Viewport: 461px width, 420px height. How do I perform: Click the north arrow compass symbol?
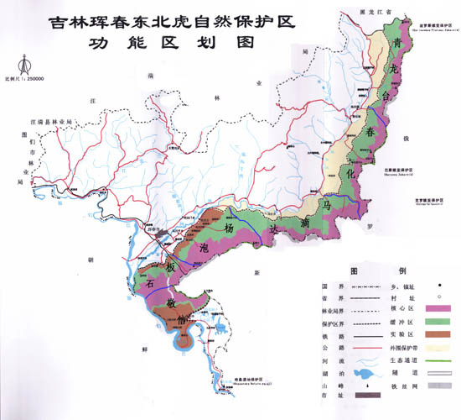click(x=24, y=64)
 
